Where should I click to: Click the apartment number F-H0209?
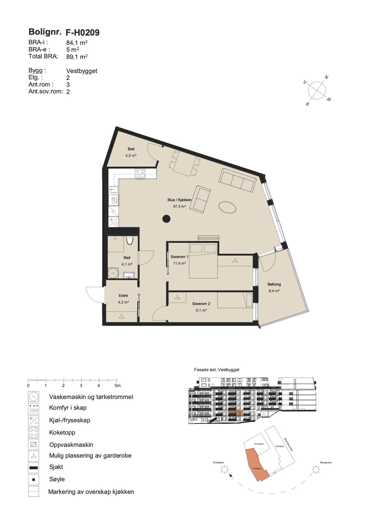click(82, 32)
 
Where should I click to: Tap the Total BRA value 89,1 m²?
click(77, 57)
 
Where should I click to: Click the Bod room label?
click(131, 149)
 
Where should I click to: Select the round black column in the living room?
click(166, 219)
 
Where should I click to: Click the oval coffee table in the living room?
click(228, 207)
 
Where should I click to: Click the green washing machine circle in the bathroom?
click(113, 273)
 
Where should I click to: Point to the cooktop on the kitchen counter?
click(140, 173)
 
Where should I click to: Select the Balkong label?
click(274, 284)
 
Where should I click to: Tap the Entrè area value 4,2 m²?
click(123, 302)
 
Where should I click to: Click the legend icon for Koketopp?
click(33, 432)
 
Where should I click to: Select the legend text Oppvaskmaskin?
click(71, 445)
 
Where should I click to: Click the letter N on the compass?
click(326, 77)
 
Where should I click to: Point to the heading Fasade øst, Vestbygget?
click(217, 370)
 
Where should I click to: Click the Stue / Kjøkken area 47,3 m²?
click(179, 206)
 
